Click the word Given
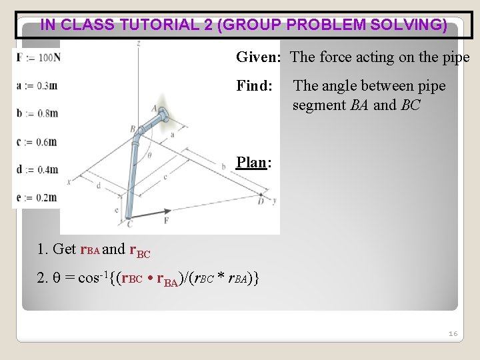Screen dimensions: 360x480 click(257, 57)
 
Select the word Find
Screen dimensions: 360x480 click(254, 86)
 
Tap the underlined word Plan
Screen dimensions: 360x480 click(251, 163)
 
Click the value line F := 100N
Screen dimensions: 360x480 click(37, 57)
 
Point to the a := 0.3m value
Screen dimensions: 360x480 click(37, 85)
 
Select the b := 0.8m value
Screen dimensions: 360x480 click(37, 113)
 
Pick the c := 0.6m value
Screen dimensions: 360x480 click(37, 141)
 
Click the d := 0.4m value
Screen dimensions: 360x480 click(37, 169)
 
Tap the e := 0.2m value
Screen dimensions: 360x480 click(37, 197)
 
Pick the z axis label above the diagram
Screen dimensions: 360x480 click(138, 44)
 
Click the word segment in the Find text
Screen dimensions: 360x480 click(319, 105)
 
